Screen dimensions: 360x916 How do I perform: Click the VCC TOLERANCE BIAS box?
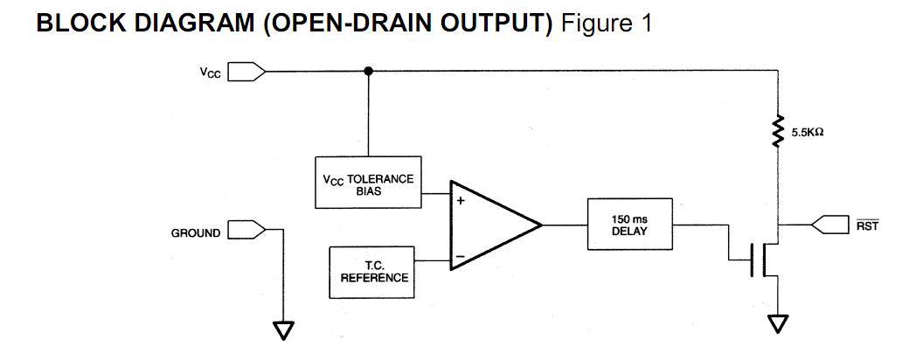pos(368,183)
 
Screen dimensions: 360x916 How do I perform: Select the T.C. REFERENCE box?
pos(373,271)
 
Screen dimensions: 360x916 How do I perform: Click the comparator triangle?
pos(489,225)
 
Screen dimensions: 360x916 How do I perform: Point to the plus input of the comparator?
pos(460,201)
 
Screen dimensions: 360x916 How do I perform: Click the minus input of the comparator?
pos(460,259)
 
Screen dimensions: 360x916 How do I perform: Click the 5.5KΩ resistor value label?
pos(808,133)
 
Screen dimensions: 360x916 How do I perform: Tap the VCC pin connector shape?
pos(246,72)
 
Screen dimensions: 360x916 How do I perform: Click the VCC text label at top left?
pos(209,73)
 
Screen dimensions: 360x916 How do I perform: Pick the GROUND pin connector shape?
pos(246,232)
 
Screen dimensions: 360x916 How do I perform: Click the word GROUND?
pos(196,233)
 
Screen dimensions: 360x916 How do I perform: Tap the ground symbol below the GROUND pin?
pos(283,330)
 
